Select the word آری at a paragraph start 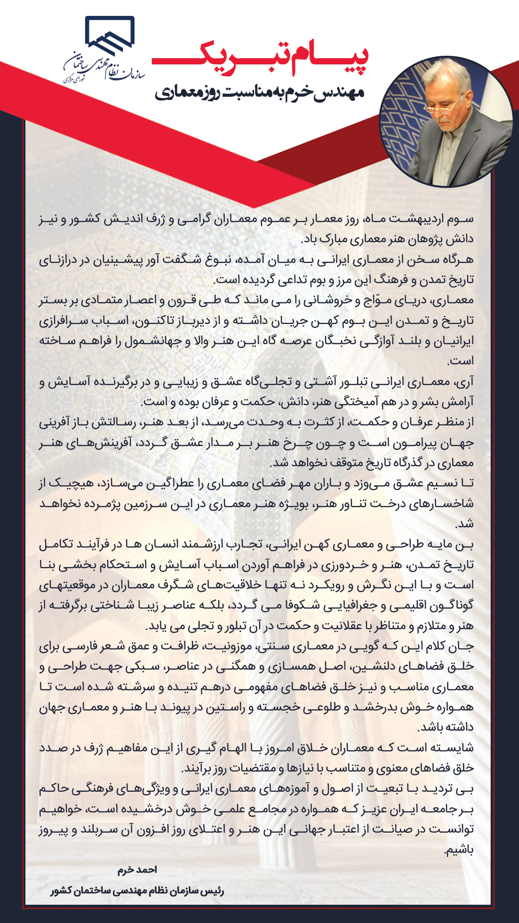coord(464,382)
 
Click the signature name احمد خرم coord(137,870)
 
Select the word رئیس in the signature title coord(213,891)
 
